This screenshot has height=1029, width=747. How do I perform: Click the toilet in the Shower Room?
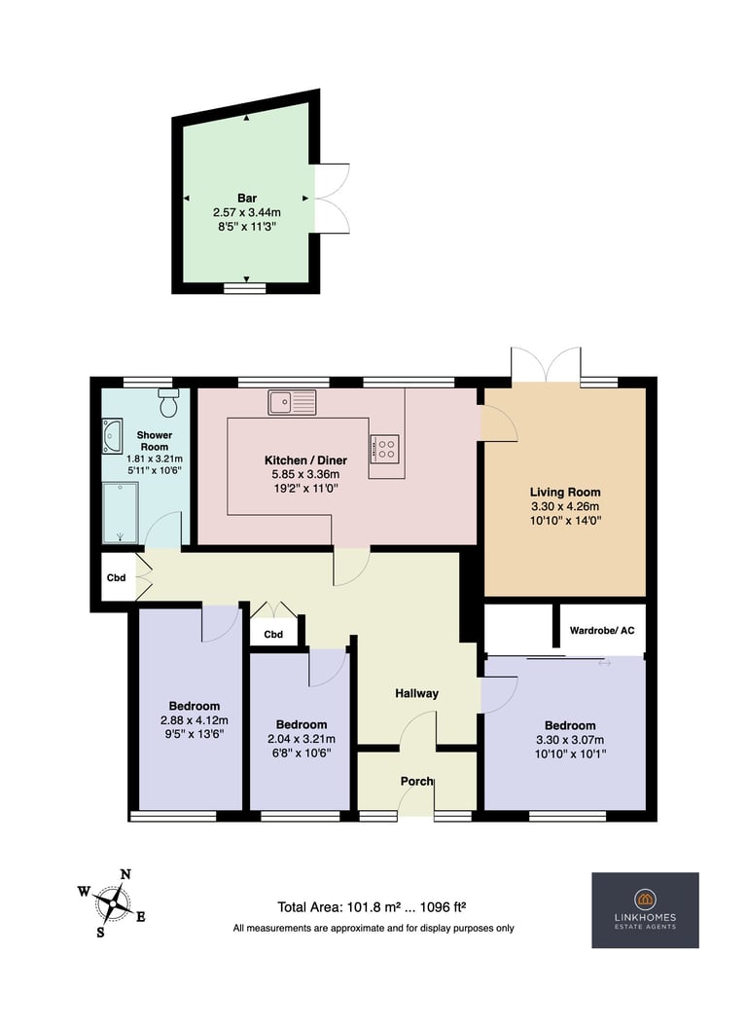pos(169,402)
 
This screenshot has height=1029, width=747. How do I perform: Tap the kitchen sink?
pos(292,402)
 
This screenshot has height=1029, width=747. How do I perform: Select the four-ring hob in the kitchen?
pos(384,449)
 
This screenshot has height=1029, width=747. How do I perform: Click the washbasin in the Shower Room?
pos(112,436)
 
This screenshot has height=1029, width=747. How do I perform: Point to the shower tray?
pos(120,512)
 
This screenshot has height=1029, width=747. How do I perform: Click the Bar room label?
pos(247,199)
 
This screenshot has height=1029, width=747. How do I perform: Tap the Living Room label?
pos(565,493)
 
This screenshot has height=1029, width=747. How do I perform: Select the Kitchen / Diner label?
pos(305,460)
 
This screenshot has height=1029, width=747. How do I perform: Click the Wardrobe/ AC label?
pos(602,631)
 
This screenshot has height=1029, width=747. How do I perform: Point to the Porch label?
pos(416,781)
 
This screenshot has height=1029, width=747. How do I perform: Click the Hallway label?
pos(416,693)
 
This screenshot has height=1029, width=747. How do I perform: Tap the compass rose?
pos(112,903)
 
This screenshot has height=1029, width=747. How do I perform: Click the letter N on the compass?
pos(125,874)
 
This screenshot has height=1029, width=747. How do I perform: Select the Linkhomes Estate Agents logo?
pos(645,909)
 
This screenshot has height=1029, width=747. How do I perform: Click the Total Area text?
pos(372,907)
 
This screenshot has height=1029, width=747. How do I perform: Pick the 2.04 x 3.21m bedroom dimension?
pos(302,739)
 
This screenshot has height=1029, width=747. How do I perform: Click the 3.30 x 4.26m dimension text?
pos(565,506)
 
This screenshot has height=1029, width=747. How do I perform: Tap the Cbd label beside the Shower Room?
pos(116,578)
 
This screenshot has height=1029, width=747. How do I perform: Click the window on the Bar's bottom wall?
pos(245,288)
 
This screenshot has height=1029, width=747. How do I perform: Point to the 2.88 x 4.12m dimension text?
pos(195,720)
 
